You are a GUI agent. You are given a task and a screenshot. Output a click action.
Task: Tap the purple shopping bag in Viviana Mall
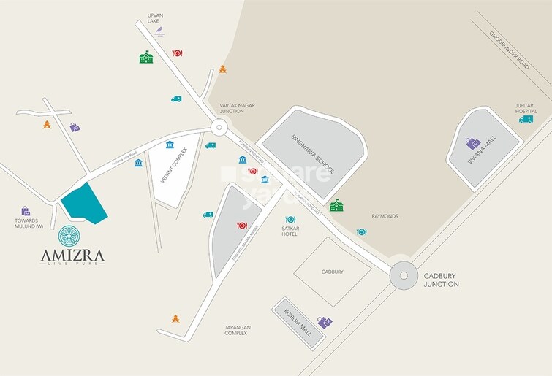click(x=473, y=144)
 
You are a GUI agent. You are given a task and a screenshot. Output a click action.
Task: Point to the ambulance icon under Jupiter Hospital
click(x=526, y=119)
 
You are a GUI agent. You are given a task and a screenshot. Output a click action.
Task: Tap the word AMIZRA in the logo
click(x=72, y=255)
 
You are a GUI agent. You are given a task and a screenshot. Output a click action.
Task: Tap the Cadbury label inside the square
click(x=332, y=272)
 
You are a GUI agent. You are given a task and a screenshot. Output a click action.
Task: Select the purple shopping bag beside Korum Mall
click(x=325, y=322)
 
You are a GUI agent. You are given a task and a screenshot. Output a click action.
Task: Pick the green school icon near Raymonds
click(x=336, y=206)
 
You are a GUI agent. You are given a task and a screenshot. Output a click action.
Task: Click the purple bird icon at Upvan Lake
click(x=165, y=31)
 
